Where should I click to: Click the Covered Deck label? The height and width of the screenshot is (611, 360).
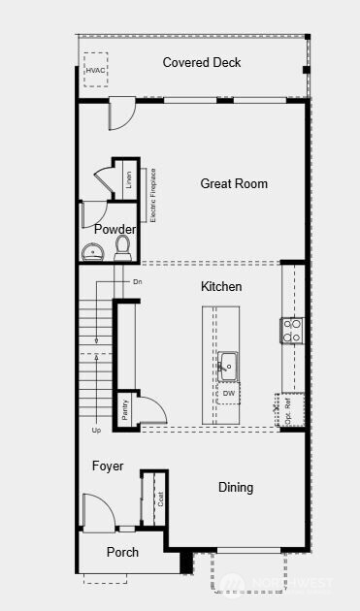coord(202,63)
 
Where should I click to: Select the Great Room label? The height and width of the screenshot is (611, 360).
coord(234,183)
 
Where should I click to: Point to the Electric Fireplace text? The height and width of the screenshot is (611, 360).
coord(153,196)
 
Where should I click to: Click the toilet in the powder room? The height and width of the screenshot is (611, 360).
coord(123,249)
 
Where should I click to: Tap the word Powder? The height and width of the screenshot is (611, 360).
coord(115,230)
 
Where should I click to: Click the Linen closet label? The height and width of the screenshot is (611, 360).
coord(129,180)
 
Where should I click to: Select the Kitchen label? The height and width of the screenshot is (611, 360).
coord(221,286)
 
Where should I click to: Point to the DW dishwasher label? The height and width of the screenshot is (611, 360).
coord(229,394)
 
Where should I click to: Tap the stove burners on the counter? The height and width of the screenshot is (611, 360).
coord(292,331)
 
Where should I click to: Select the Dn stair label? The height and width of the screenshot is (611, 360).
coord(138,282)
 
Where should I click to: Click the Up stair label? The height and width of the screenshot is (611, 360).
coord(95,429)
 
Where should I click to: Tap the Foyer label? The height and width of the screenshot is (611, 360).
coord(108,466)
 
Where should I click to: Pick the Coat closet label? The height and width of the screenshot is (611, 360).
coord(160,500)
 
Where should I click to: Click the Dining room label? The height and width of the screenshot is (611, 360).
coord(236,488)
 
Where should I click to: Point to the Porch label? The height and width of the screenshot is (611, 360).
coord(122,552)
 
